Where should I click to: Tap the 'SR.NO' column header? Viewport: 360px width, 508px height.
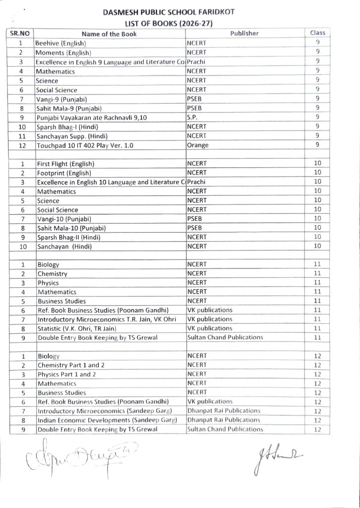point(21,34)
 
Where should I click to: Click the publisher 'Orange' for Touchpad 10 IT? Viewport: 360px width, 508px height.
point(198,145)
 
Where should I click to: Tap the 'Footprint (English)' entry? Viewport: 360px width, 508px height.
point(64,173)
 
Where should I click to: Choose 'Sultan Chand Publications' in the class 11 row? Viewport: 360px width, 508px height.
point(225,337)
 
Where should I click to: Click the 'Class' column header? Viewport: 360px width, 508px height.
point(317,33)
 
